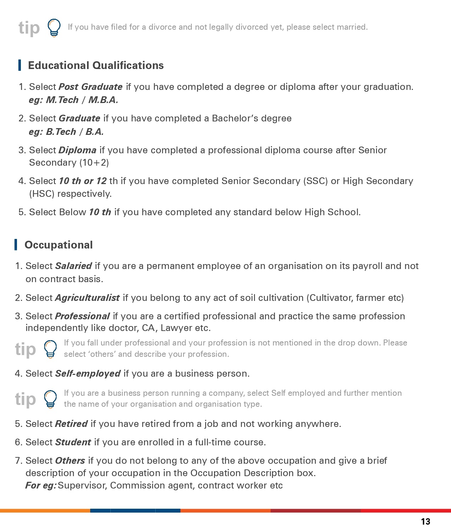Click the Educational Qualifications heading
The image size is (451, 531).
click(96, 65)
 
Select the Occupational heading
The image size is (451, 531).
click(59, 245)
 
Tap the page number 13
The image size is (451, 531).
click(426, 521)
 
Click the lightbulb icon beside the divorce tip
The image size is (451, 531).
click(54, 28)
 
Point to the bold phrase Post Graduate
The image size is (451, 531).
click(91, 87)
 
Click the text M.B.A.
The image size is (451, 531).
click(103, 100)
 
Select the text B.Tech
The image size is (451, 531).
click(61, 132)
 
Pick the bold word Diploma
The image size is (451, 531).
click(77, 150)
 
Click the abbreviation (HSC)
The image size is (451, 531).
click(42, 194)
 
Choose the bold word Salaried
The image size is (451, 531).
click(74, 266)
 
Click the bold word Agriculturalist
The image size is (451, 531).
click(87, 298)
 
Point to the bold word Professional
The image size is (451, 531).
click(82, 316)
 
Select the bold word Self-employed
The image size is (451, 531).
click(88, 374)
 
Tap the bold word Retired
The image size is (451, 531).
click(71, 424)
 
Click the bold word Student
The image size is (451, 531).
click(73, 442)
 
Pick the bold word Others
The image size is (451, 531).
click(70, 461)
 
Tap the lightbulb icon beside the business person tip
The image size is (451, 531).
click(50, 399)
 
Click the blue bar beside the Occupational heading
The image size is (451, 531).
click(16, 245)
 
